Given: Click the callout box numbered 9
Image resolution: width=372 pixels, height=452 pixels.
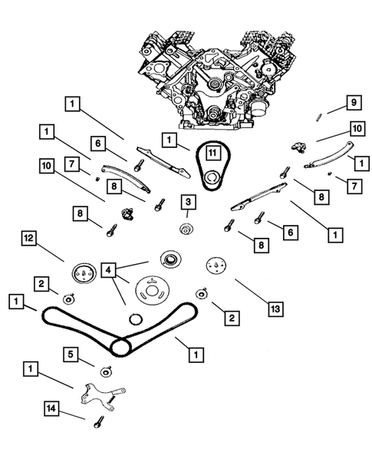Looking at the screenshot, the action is click(354, 102).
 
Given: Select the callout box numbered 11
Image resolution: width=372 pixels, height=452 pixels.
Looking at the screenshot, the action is click(212, 153).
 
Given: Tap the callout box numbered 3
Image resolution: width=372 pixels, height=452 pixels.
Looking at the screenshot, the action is click(188, 202).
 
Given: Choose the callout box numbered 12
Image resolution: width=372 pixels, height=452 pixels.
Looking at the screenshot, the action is click(29, 239).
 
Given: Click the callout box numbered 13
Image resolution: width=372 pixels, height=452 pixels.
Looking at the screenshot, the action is click(276, 309).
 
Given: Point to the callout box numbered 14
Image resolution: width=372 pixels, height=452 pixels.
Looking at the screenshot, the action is click(51, 408).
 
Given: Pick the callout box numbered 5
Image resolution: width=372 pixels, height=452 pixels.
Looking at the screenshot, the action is click(71, 355).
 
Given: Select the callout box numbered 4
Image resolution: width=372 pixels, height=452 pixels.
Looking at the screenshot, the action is click(108, 270).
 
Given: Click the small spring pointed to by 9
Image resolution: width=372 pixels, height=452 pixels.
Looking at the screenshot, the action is click(318, 117).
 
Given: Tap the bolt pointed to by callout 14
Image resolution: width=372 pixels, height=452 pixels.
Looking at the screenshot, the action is click(98, 422).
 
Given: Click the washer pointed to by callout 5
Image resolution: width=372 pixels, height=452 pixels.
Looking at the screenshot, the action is click(106, 371).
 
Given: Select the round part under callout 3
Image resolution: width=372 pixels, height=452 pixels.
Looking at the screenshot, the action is click(186, 229).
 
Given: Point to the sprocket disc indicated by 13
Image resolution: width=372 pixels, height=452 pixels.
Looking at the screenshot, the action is click(216, 266).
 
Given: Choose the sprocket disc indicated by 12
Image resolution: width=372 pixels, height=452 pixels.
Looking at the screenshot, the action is click(83, 272).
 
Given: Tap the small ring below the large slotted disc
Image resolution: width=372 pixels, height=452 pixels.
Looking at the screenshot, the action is click(136, 319).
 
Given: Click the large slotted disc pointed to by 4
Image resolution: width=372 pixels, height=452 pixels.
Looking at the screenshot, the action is click(152, 290).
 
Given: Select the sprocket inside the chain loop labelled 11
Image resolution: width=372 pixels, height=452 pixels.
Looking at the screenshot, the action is click(212, 180).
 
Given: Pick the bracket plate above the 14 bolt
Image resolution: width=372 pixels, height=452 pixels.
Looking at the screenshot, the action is click(102, 398).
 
